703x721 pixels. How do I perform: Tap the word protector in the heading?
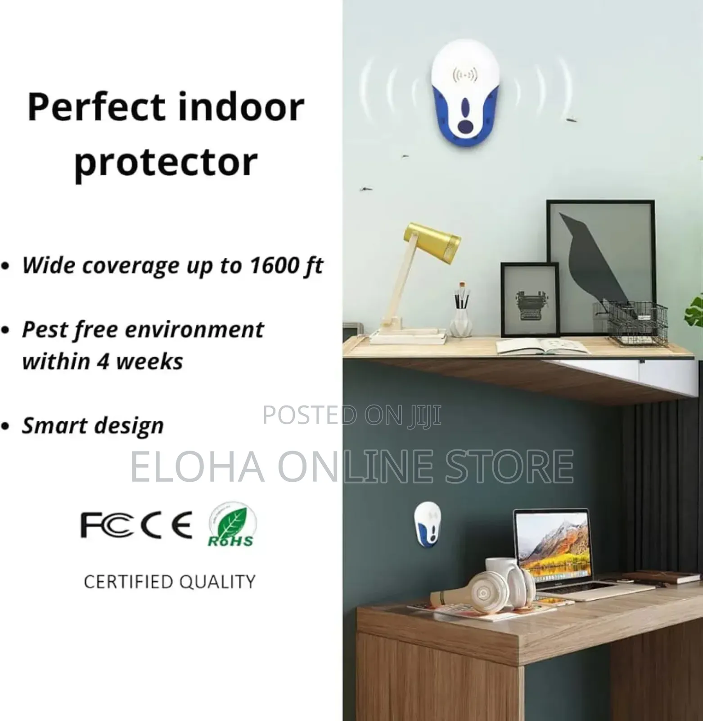click(x=166, y=162)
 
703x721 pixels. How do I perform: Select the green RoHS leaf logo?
click(x=231, y=525)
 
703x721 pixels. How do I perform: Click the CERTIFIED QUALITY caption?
click(x=169, y=582)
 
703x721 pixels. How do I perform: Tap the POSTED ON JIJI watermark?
click(x=351, y=415)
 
